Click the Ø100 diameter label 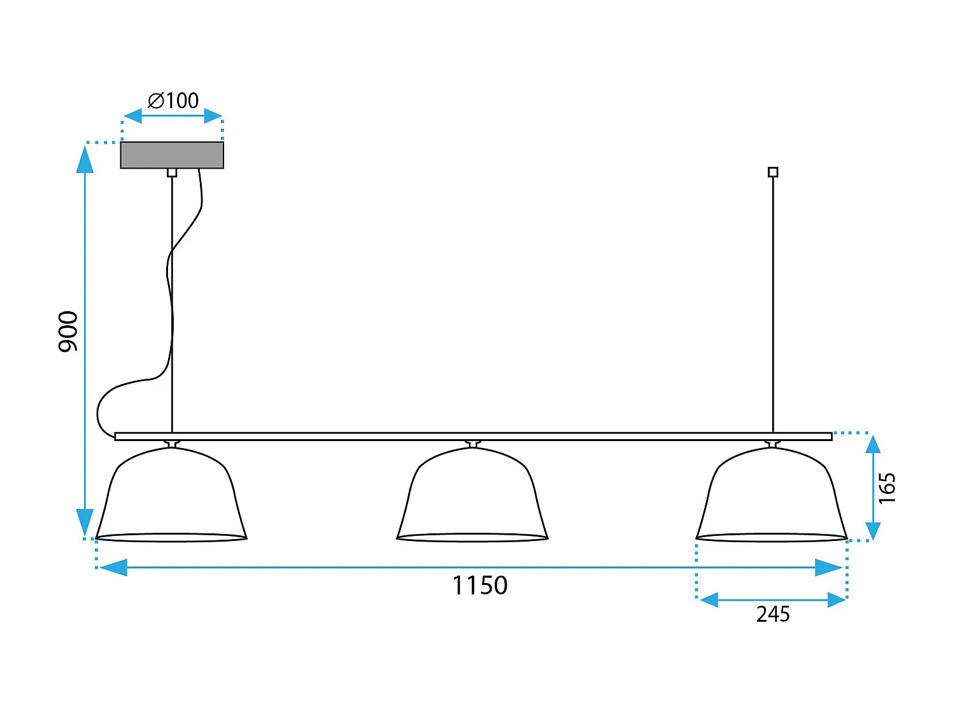click(x=173, y=101)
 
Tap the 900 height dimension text click(x=68, y=331)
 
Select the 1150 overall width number click(x=479, y=586)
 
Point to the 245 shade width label click(x=773, y=614)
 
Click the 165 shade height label click(x=887, y=488)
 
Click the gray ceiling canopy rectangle click(x=172, y=155)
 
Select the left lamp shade click(x=171, y=496)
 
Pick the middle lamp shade click(x=472, y=496)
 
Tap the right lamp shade click(x=772, y=496)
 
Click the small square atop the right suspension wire click(x=773, y=172)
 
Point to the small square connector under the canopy click(x=172, y=172)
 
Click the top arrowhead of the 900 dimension click(x=85, y=159)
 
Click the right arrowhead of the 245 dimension click(x=837, y=600)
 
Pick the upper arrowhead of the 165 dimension click(x=873, y=444)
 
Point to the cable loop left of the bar click(x=102, y=411)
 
